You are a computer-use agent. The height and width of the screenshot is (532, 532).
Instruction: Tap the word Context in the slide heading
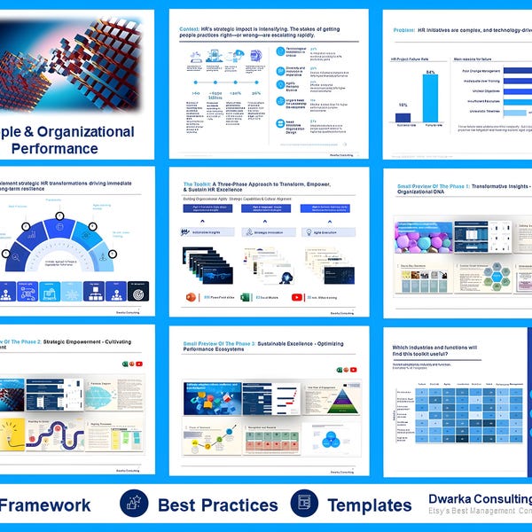(x=192, y=27)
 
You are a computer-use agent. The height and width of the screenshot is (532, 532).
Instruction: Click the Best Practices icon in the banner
(x=134, y=505)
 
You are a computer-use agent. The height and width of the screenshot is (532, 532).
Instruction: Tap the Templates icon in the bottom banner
(x=303, y=505)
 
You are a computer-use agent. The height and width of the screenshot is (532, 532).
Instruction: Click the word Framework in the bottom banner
(x=46, y=505)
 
